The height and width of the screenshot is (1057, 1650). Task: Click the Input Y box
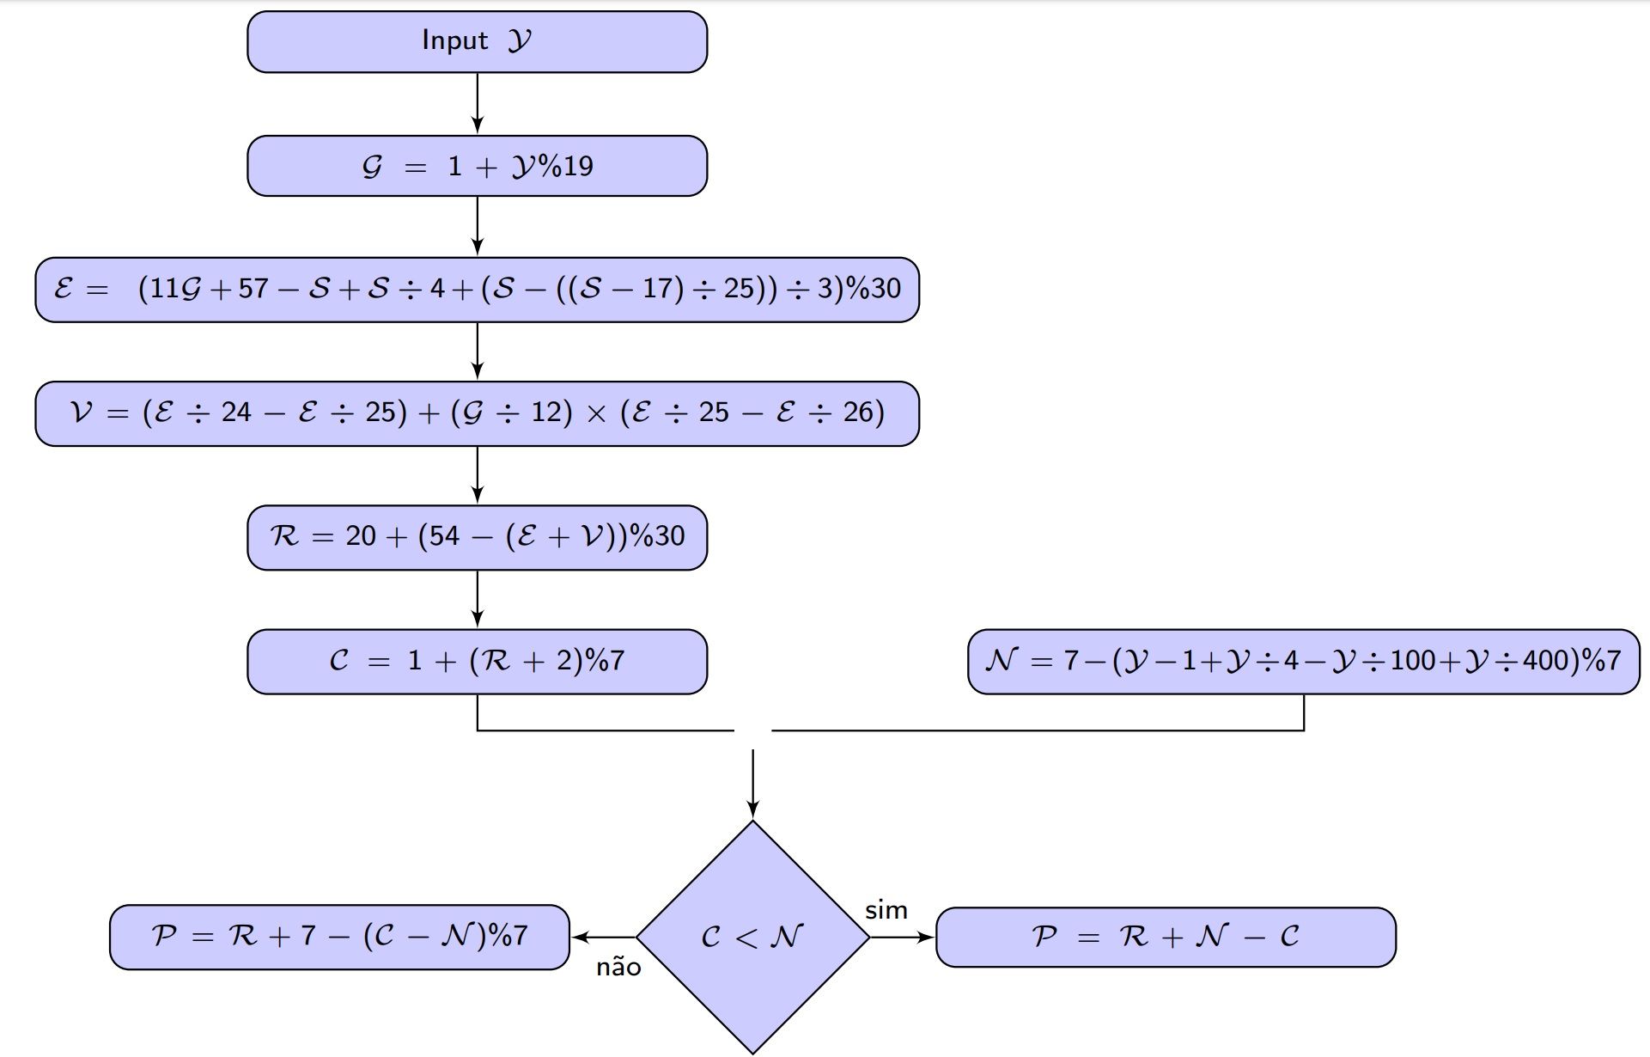[477, 41]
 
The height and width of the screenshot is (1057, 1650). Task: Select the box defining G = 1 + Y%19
[477, 166]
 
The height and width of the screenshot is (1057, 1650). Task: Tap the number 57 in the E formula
[253, 289]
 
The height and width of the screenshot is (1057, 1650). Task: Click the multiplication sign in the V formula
[595, 413]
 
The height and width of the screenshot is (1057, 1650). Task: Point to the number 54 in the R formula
[444, 536]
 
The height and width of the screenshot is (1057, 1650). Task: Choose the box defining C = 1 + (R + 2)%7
[477, 661]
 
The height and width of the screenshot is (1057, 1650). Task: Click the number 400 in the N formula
[1547, 660]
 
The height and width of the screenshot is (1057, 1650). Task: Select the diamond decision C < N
[752, 937]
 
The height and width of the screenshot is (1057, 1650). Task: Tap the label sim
[886, 910]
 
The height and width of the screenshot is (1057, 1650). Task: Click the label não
[618, 968]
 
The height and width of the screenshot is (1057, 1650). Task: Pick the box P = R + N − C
[1165, 937]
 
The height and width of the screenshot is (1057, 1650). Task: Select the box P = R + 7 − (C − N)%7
[339, 937]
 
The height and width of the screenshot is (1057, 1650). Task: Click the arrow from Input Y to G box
[478, 103]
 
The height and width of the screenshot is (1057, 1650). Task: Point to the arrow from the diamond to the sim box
[902, 937]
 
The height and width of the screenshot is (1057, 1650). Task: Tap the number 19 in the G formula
[578, 166]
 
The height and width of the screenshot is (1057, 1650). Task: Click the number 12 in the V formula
[545, 413]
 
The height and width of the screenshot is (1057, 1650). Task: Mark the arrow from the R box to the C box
[478, 599]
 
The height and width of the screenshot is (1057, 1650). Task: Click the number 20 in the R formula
[361, 536]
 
